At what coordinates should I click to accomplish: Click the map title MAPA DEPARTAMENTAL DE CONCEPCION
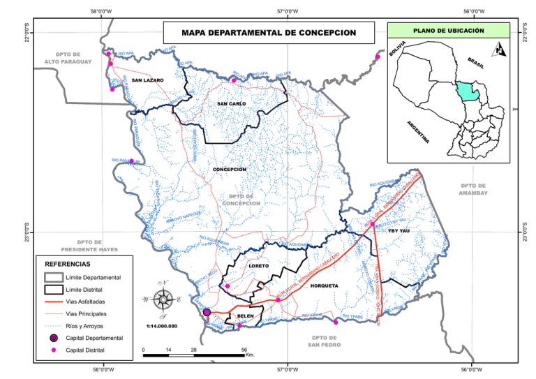pos(268,33)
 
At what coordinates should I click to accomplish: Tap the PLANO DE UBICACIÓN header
pos(449,31)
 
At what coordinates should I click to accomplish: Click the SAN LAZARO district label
pos(147,80)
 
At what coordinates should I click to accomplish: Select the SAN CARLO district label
pos(231,104)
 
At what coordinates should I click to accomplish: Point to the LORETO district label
pos(258,266)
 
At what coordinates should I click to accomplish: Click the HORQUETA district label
pos(324,285)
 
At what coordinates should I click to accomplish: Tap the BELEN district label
pos(245,316)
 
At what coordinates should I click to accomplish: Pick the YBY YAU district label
pos(399,230)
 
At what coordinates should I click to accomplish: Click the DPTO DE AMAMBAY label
pos(474,188)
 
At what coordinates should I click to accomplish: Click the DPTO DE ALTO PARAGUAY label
pos(68,58)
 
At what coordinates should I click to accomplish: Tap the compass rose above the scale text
pos(163,299)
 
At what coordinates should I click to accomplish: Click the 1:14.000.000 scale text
pos(162,325)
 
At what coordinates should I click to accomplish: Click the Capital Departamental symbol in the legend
pos(53,337)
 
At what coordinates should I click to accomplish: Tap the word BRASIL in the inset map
pos(476,63)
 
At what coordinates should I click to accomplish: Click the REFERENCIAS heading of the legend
pos(67,265)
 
